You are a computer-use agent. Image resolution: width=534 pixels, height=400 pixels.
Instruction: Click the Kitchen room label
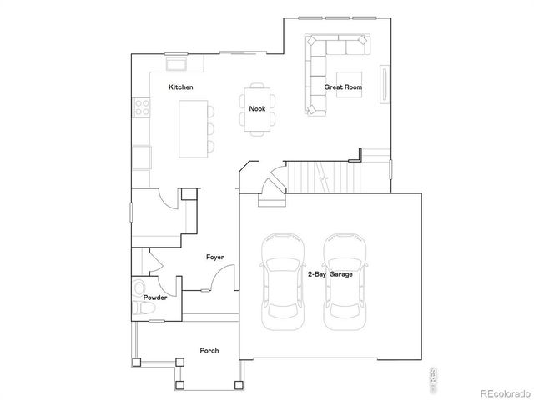[181, 87]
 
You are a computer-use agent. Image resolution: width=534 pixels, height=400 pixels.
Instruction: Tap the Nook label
[257, 108]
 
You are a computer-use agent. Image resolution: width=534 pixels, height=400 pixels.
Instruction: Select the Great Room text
[342, 87]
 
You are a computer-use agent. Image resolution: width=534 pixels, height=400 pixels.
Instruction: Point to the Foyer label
[215, 257]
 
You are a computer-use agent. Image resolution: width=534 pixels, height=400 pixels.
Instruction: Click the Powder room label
[155, 297]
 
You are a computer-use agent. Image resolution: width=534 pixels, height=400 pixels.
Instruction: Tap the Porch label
[209, 351]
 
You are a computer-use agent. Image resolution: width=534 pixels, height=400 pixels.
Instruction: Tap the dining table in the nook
[257, 109]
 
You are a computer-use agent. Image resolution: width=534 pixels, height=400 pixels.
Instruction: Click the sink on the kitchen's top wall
[176, 64]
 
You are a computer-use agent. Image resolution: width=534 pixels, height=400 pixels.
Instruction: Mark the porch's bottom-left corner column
[136, 362]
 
